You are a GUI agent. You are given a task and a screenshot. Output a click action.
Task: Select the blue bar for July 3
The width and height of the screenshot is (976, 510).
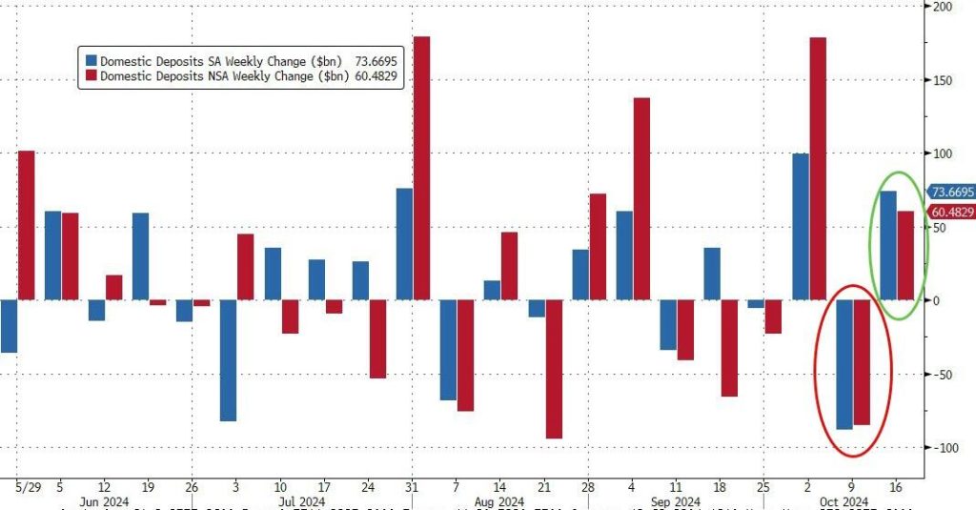(228, 360)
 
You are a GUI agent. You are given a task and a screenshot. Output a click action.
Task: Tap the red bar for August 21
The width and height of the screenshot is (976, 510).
(554, 369)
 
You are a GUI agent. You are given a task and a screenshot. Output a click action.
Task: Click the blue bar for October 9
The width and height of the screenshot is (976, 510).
(844, 364)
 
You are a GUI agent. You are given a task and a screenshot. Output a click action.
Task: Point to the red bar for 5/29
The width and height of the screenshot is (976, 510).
(26, 225)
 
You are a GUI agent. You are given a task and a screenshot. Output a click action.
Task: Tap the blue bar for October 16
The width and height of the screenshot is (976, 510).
(888, 245)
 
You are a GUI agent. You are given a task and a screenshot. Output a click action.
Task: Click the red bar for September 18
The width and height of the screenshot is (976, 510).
(729, 348)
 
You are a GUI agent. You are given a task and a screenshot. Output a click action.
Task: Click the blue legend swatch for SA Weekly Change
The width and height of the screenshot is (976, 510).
(90, 60)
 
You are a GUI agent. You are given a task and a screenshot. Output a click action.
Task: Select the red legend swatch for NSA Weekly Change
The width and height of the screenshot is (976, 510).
(90, 76)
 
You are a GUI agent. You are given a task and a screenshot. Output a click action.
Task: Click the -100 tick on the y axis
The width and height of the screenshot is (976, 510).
(942, 448)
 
